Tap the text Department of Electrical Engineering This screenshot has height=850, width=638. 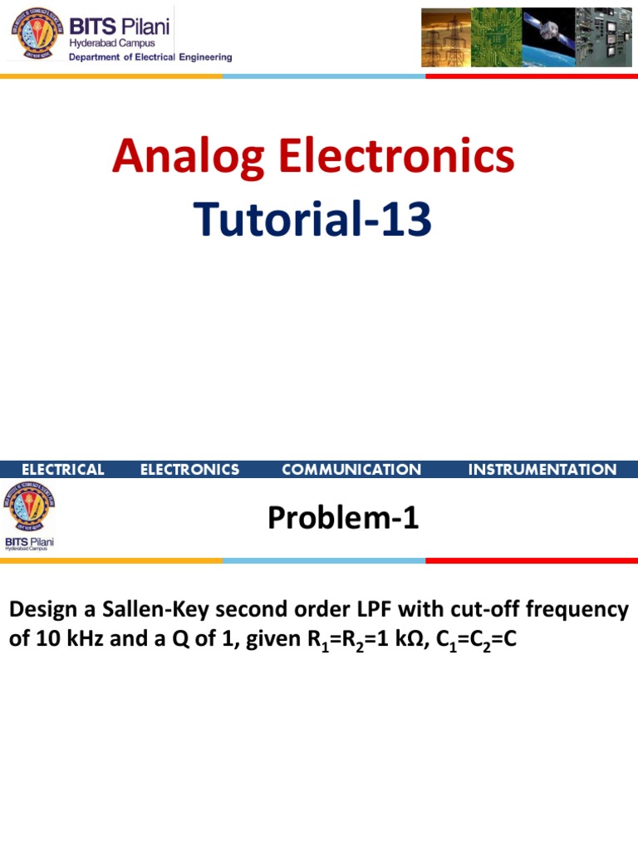pyautogui.click(x=150, y=57)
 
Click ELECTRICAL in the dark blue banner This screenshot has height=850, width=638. pyautogui.click(x=63, y=470)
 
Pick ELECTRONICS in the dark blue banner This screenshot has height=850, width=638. pyautogui.click(x=189, y=470)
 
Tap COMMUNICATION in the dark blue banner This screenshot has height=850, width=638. pyautogui.click(x=351, y=470)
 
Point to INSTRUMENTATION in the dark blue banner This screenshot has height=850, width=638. pyautogui.click(x=542, y=470)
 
